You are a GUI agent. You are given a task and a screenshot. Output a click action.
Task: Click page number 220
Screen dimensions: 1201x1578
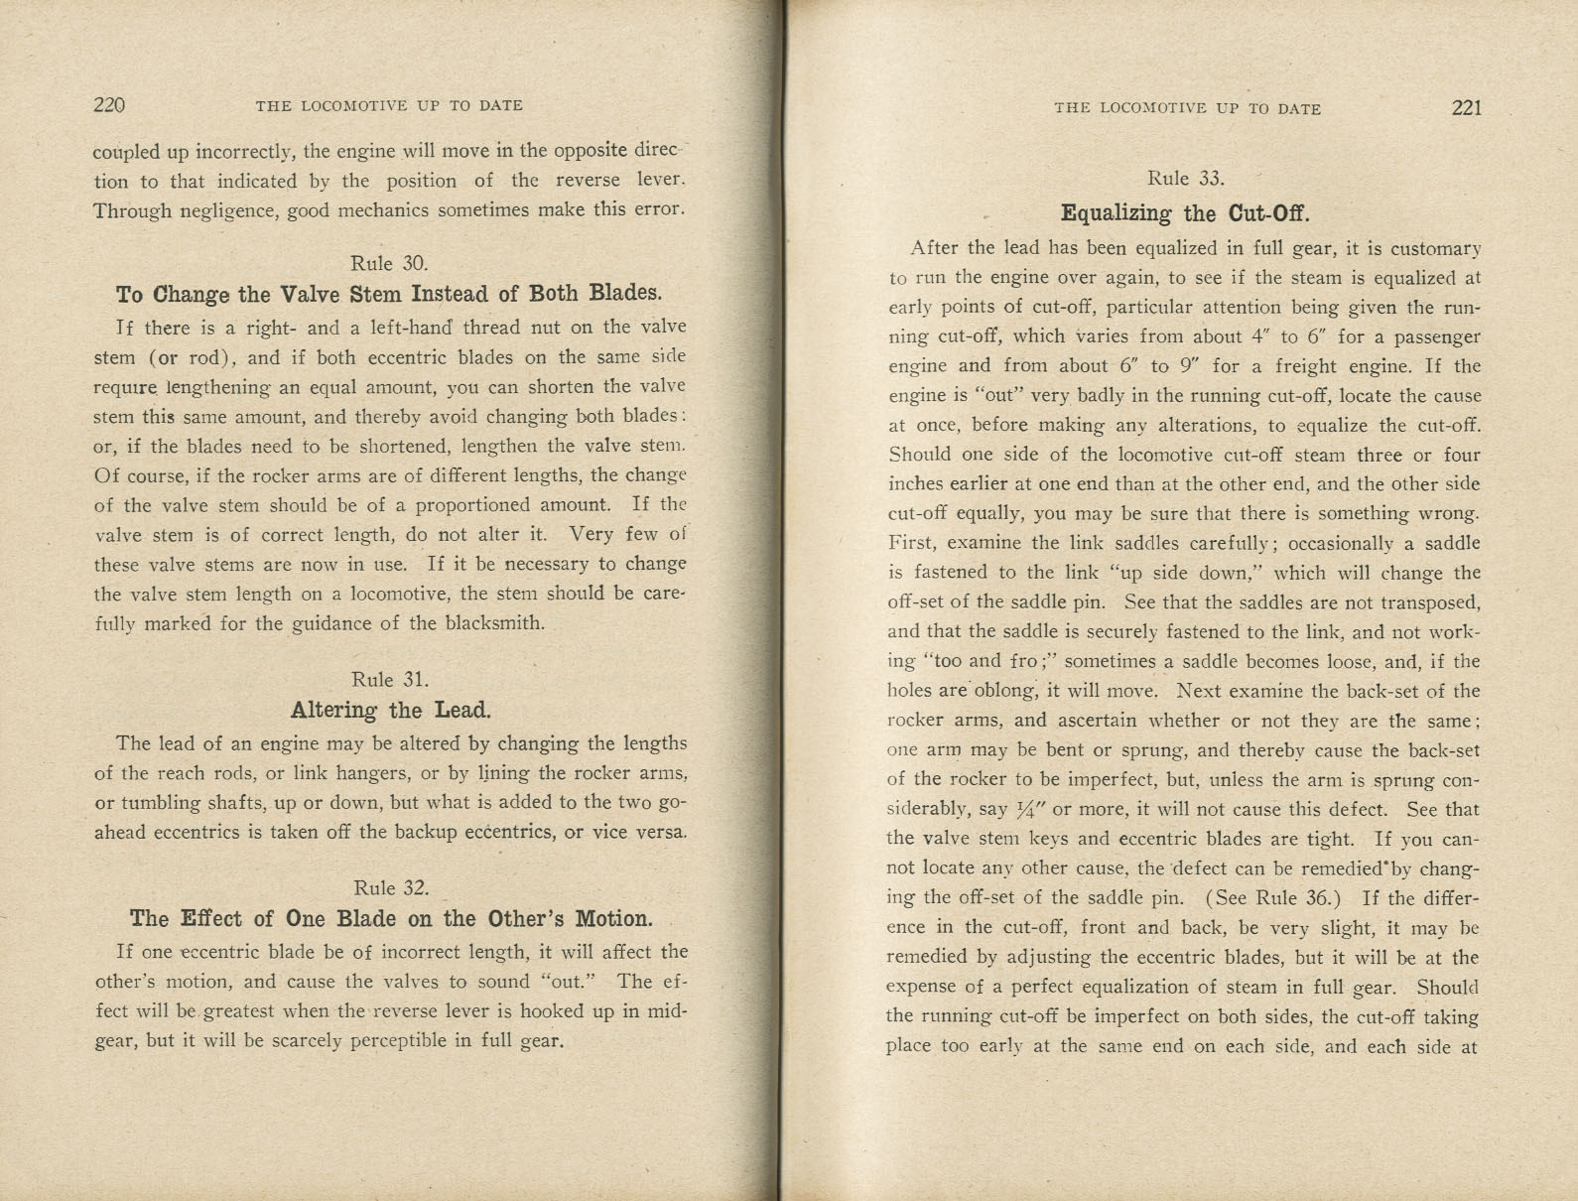click(x=109, y=105)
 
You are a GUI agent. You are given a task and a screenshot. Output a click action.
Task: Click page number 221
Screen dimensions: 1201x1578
click(x=1466, y=108)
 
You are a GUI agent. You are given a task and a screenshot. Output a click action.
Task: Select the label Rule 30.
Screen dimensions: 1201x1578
click(x=389, y=263)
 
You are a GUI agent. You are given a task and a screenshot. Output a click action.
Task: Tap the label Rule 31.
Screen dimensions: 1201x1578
click(x=390, y=680)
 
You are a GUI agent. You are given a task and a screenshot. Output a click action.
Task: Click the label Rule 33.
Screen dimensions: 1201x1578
click(x=1186, y=179)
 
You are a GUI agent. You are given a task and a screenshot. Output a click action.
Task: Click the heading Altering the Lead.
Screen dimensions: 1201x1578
click(x=391, y=711)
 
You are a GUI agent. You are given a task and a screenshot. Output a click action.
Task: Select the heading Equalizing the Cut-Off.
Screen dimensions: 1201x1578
click(x=1185, y=213)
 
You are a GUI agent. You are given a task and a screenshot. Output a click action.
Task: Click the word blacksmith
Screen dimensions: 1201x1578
click(x=493, y=624)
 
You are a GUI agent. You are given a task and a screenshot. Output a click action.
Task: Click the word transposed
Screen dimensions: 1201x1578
click(x=1429, y=602)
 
